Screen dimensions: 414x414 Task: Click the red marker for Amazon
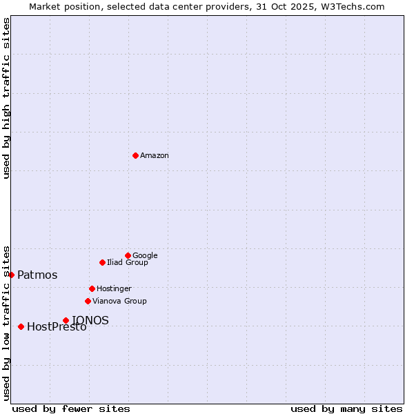(135, 155)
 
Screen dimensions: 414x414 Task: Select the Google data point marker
(128, 255)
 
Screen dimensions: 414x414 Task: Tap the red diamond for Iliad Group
(102, 262)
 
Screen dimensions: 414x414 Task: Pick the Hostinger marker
(92, 288)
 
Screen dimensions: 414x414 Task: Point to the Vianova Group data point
(88, 301)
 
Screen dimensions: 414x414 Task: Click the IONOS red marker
(66, 320)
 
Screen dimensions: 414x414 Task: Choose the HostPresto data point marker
(21, 326)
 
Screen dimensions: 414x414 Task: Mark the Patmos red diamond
(11, 275)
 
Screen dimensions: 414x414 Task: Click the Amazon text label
(155, 156)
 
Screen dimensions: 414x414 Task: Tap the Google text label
(145, 255)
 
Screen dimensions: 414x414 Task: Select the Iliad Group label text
(128, 262)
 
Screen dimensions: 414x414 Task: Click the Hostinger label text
(114, 288)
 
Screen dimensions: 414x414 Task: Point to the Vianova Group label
(119, 301)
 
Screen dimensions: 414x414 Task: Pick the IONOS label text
(90, 320)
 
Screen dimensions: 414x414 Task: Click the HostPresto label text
(57, 327)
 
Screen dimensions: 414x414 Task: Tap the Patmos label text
(37, 275)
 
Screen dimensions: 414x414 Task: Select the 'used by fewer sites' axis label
(71, 408)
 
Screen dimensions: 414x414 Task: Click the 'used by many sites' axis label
(346, 408)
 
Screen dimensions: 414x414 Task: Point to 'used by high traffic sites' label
(6, 98)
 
